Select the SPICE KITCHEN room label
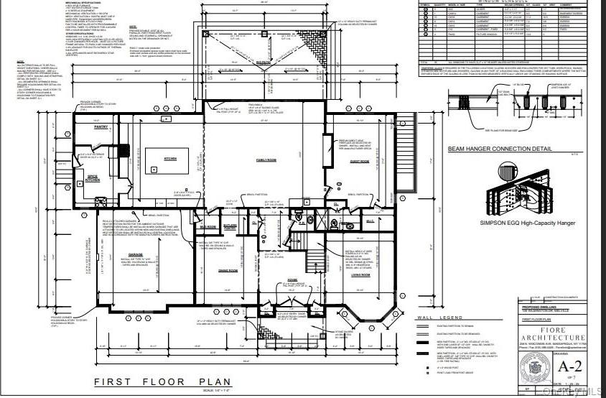coord(93,177)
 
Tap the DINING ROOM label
coord(228,270)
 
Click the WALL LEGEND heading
coord(435,317)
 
